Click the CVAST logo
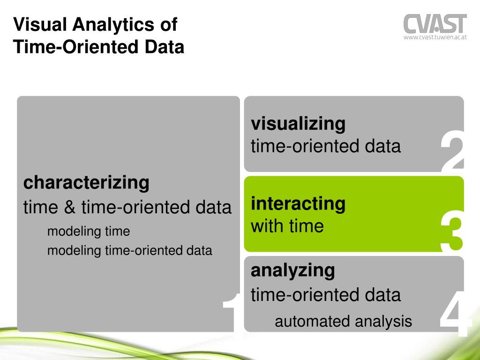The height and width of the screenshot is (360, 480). tap(435, 23)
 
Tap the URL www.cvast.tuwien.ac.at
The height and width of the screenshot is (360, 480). tap(435, 38)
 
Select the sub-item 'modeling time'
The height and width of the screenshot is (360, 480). tap(88, 231)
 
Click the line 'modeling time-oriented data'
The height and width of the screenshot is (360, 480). tap(129, 250)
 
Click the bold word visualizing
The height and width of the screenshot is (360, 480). tap(298, 124)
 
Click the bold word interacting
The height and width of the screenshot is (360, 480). tap(298, 203)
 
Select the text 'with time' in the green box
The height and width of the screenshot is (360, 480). tap(287, 226)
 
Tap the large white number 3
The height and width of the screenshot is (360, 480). tap(452, 231)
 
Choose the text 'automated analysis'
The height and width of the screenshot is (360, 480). tap(343, 321)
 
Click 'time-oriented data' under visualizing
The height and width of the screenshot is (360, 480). tap(326, 146)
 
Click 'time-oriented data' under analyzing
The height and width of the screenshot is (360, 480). tap(326, 295)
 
